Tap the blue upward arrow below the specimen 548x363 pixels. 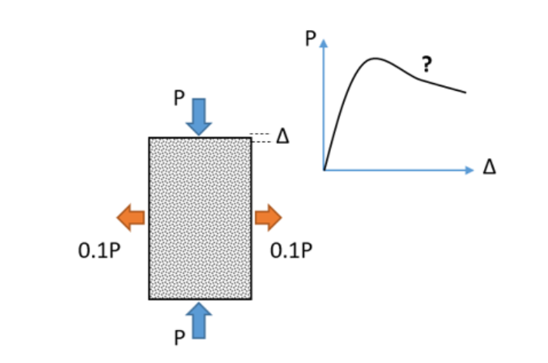click(x=199, y=320)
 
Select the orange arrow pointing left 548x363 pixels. click(x=131, y=218)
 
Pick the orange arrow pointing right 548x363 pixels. click(x=268, y=218)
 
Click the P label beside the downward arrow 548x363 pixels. click(x=179, y=98)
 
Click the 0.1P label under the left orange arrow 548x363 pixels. click(x=99, y=251)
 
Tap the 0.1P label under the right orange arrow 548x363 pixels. click(x=292, y=251)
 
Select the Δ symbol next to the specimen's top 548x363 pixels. click(x=282, y=137)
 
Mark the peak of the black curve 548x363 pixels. click(x=375, y=58)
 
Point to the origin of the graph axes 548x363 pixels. click(x=324, y=169)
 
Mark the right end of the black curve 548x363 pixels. click(x=466, y=92)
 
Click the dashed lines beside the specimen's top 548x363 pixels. click(x=262, y=138)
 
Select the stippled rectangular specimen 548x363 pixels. click(x=199, y=218)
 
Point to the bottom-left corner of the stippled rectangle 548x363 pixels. click(x=149, y=298)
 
